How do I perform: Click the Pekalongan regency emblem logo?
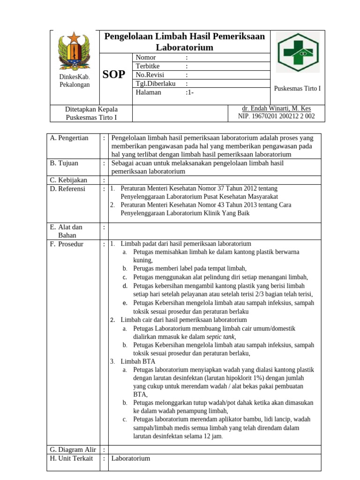pos(75,50)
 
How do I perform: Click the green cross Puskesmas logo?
pos(296,52)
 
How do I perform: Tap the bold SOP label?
pos(114,75)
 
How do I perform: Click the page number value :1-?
pos(190,92)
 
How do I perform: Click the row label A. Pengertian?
pos(69,138)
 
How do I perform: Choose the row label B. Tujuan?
pos(64,163)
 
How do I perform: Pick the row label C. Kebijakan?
pos(69,180)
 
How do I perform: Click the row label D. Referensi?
pos(68,188)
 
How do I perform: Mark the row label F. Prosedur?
pos(67,244)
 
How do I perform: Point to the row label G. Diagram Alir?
pos(73,450)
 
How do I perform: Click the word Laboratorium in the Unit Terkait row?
pos(131,458)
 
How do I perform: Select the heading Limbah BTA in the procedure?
pos(138,361)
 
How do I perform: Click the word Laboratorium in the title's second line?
pos(185,47)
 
